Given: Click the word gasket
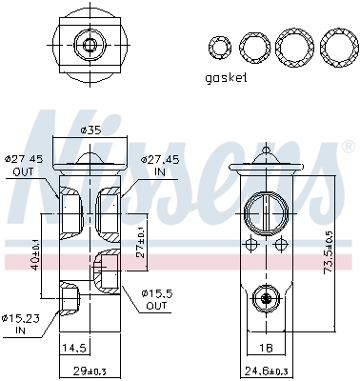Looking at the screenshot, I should (227, 78).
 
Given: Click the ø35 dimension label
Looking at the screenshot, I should (91, 129).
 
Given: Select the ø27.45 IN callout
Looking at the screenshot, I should (159, 166).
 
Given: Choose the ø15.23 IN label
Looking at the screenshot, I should (21, 324).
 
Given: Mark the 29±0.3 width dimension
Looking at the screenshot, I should (90, 369).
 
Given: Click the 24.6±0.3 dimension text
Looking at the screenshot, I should (268, 369).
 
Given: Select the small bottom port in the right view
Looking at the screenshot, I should (267, 299).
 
